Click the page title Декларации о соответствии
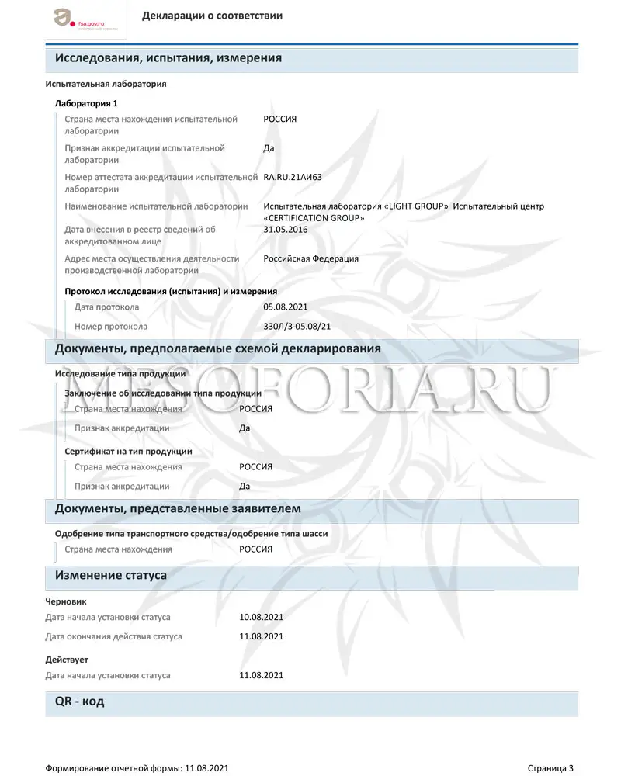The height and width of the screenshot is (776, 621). coord(212,16)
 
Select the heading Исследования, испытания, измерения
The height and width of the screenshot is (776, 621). coord(168,58)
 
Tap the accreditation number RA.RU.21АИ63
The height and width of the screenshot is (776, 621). coord(293,177)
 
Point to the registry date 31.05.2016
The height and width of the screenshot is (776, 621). coord(285,230)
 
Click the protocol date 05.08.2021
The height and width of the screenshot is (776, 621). coord(285,307)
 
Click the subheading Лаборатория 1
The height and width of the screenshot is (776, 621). coord(86,103)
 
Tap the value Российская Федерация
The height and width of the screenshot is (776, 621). coord(310,258)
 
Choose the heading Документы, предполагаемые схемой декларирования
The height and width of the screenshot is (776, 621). coord(217,348)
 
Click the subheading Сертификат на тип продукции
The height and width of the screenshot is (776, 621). coord(128,451)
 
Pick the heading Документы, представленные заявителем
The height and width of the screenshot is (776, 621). coord(178,508)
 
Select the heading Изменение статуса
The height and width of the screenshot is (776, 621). coord(111,576)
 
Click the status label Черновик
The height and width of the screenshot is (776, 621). coord(66,601)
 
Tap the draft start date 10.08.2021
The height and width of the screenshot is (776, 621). coord(261,617)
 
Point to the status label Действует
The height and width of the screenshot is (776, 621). coord(67,660)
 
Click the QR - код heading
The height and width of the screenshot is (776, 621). coord(80,702)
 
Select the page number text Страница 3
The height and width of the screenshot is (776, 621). coord(550,768)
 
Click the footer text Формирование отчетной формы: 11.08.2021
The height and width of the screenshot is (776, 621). coord(137,768)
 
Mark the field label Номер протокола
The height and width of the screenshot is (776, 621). coord(111,327)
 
